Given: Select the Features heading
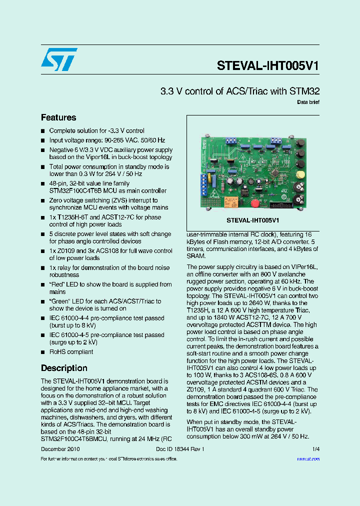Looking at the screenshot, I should (58, 117).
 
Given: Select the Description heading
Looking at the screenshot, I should (64, 368).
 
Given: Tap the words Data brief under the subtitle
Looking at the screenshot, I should (308, 102).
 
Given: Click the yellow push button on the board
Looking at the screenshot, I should (301, 174).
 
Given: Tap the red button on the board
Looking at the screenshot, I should (254, 203).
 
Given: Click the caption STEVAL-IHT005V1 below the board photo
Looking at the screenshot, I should (253, 220).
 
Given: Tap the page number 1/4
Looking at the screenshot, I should (316, 449).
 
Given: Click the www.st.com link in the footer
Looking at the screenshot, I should (308, 458).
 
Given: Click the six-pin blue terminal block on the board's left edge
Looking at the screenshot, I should (204, 187).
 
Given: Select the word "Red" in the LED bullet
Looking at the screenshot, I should (57, 284).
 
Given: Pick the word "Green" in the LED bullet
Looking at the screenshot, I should (59, 301).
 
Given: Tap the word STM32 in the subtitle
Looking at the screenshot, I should (304, 91).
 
